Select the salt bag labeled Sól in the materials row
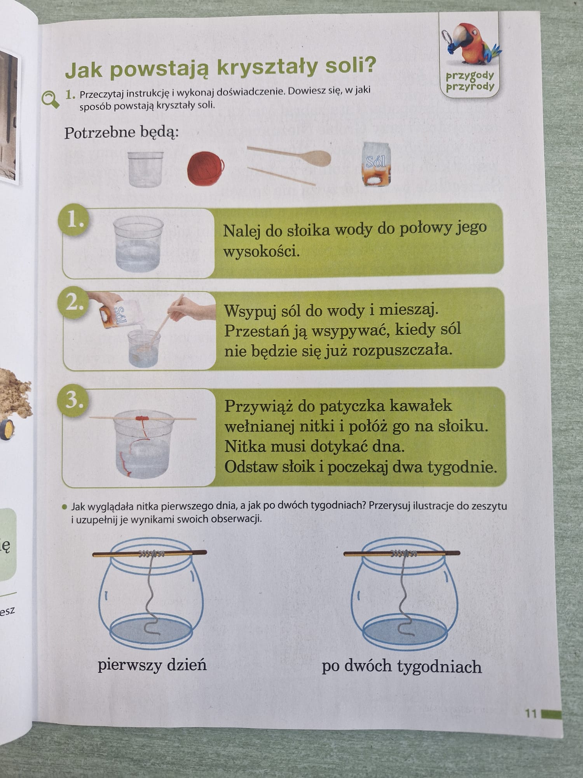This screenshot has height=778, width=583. click(376, 164)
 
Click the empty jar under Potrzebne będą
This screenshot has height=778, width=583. click(146, 169)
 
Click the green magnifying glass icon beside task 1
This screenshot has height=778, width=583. click(51, 99)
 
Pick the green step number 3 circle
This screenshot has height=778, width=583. click(73, 401)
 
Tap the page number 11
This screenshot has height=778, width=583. click(531, 713)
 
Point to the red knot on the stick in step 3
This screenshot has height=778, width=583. click(142, 418)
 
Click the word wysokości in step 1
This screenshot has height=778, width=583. click(261, 252)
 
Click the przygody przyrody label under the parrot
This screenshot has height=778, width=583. click(470, 81)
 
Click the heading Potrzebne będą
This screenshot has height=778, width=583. click(121, 133)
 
